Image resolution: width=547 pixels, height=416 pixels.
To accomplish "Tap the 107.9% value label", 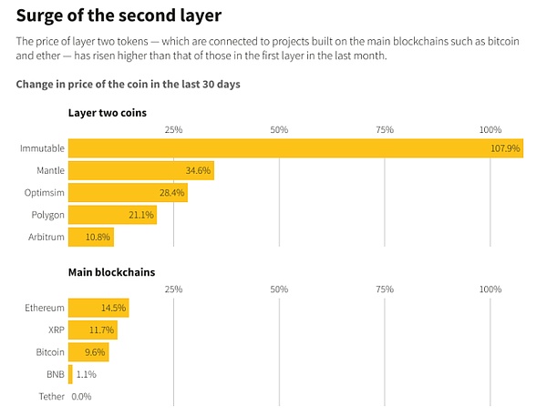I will (505, 147).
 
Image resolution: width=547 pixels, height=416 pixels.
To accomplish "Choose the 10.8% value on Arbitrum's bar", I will (97, 238).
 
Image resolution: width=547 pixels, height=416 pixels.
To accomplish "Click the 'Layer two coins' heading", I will (108, 113).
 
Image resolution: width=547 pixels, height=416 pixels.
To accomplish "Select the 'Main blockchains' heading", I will (111, 272).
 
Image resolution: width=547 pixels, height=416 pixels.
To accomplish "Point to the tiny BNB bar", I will (70, 374).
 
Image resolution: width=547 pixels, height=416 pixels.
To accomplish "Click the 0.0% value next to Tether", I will (81, 397).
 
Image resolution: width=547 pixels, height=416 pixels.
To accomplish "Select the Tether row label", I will (51, 397).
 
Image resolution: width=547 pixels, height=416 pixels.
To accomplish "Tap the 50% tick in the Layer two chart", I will (279, 130).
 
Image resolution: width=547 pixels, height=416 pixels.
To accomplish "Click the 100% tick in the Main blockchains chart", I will (490, 289).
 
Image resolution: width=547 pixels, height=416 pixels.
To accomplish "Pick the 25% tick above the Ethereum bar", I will (173, 289).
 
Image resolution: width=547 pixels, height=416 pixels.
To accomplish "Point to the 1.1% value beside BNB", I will (87, 374).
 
